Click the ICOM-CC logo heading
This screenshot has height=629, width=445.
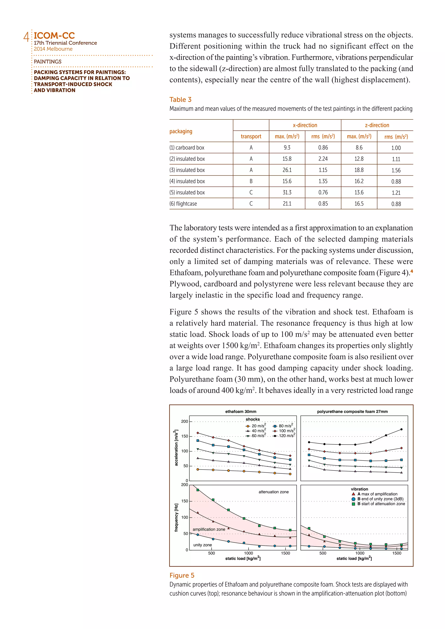[54, 36]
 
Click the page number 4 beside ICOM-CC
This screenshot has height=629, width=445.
[26, 37]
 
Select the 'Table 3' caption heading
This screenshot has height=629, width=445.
[180, 99]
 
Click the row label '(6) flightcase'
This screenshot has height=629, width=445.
[183, 204]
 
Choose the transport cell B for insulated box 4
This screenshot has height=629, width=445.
[251, 181]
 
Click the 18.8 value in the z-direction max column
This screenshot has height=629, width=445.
[359, 170]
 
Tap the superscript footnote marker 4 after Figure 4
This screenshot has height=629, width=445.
[412, 271]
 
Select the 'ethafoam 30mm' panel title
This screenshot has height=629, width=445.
[241, 412]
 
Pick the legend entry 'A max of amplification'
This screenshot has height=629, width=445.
[377, 494]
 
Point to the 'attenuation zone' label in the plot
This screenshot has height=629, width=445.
[274, 492]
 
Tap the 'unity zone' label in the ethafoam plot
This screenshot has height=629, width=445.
[203, 545]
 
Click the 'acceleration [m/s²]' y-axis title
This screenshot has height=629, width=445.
[176, 448]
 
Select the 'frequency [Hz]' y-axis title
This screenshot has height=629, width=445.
[176, 518]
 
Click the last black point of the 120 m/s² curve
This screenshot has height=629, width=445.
[401, 429]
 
